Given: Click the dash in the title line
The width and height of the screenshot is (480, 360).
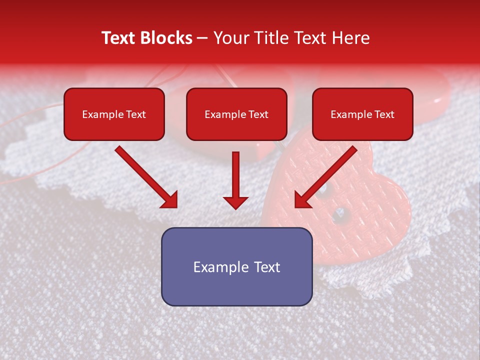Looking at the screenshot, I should (x=203, y=38).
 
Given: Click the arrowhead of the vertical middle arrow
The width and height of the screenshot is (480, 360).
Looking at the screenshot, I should (x=235, y=202).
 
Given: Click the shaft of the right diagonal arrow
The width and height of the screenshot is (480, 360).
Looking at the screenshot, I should (x=332, y=170).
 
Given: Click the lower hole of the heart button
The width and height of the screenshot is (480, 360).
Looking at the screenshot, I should (x=341, y=214).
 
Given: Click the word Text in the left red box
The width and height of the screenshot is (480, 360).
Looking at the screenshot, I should (x=135, y=114).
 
